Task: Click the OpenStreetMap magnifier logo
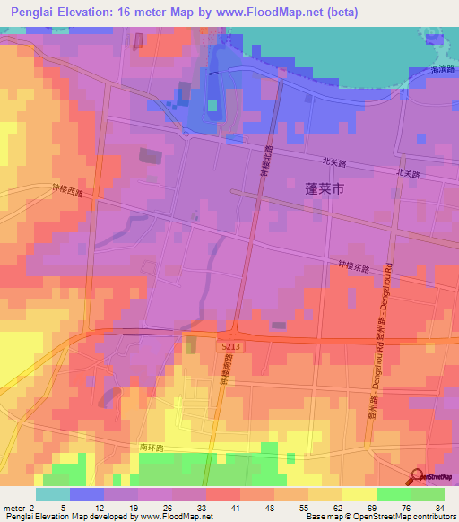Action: click(x=418, y=476)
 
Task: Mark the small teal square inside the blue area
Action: click(x=212, y=105)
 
